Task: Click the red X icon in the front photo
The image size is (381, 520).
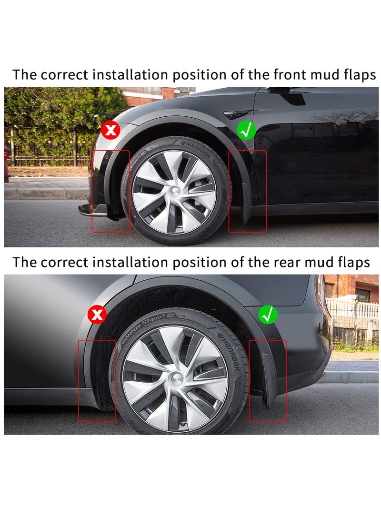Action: click(110, 130)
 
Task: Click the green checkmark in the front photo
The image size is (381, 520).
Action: click(247, 130)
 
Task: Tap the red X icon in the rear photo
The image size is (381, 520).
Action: click(98, 315)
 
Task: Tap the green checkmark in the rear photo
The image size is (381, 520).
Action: click(268, 315)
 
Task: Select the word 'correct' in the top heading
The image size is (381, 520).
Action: click(65, 75)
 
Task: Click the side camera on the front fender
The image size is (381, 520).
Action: click(236, 115)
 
